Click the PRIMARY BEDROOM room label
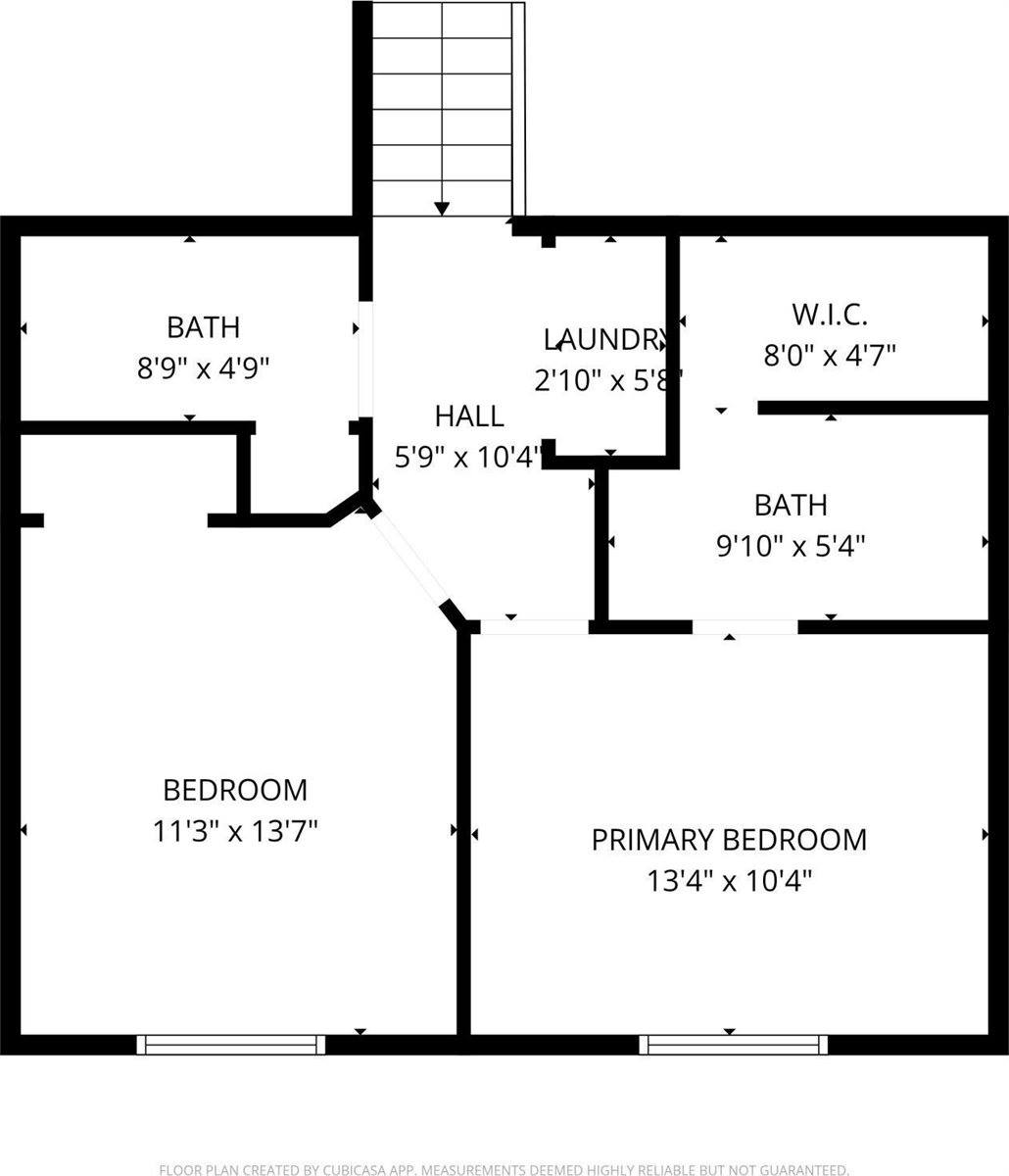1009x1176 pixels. tap(729, 840)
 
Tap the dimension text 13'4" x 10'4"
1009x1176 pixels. tap(729, 882)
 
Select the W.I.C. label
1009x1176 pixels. tap(830, 315)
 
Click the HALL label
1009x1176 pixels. tap(469, 416)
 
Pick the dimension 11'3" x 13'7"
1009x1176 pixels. tap(235, 832)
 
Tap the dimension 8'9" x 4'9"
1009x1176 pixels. tap(203, 367)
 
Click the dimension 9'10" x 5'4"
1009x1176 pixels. tap(791, 545)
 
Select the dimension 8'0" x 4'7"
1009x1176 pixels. tap(830, 355)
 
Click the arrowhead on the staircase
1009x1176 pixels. tap(442, 208)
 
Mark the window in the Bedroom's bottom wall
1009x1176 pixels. tap(231, 1045)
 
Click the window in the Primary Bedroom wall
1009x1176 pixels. tap(734, 1045)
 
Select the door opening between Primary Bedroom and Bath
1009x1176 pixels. tap(745, 627)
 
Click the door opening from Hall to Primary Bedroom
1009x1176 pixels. tap(534, 627)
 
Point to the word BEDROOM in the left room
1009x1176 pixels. tap(235, 790)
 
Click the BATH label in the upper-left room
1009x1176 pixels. tap(203, 326)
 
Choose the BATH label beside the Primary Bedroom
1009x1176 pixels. tap(791, 505)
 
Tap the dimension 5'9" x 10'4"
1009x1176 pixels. tap(469, 457)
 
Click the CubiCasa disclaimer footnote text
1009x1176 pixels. tap(504, 1169)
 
